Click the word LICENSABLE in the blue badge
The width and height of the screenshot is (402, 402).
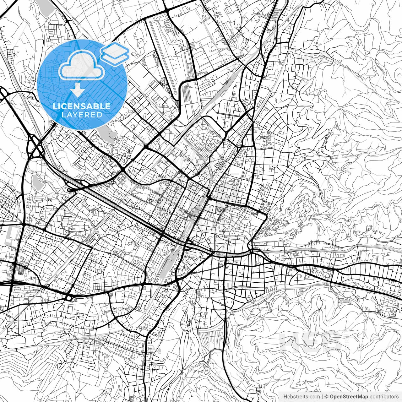click(82, 106)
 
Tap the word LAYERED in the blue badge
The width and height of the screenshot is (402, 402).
click(82, 115)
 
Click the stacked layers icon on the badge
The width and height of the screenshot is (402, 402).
click(115, 53)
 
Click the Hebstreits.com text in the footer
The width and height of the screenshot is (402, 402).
click(301, 397)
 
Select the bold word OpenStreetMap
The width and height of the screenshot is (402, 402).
click(349, 397)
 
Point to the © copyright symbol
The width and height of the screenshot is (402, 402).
click(326, 397)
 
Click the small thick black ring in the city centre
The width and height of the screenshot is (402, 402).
click(150, 201)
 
